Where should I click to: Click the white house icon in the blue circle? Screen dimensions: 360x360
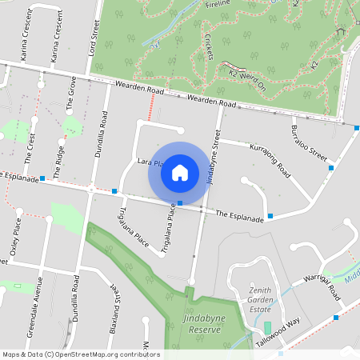point(180,172)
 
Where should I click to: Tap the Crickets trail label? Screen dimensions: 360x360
point(208,46)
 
